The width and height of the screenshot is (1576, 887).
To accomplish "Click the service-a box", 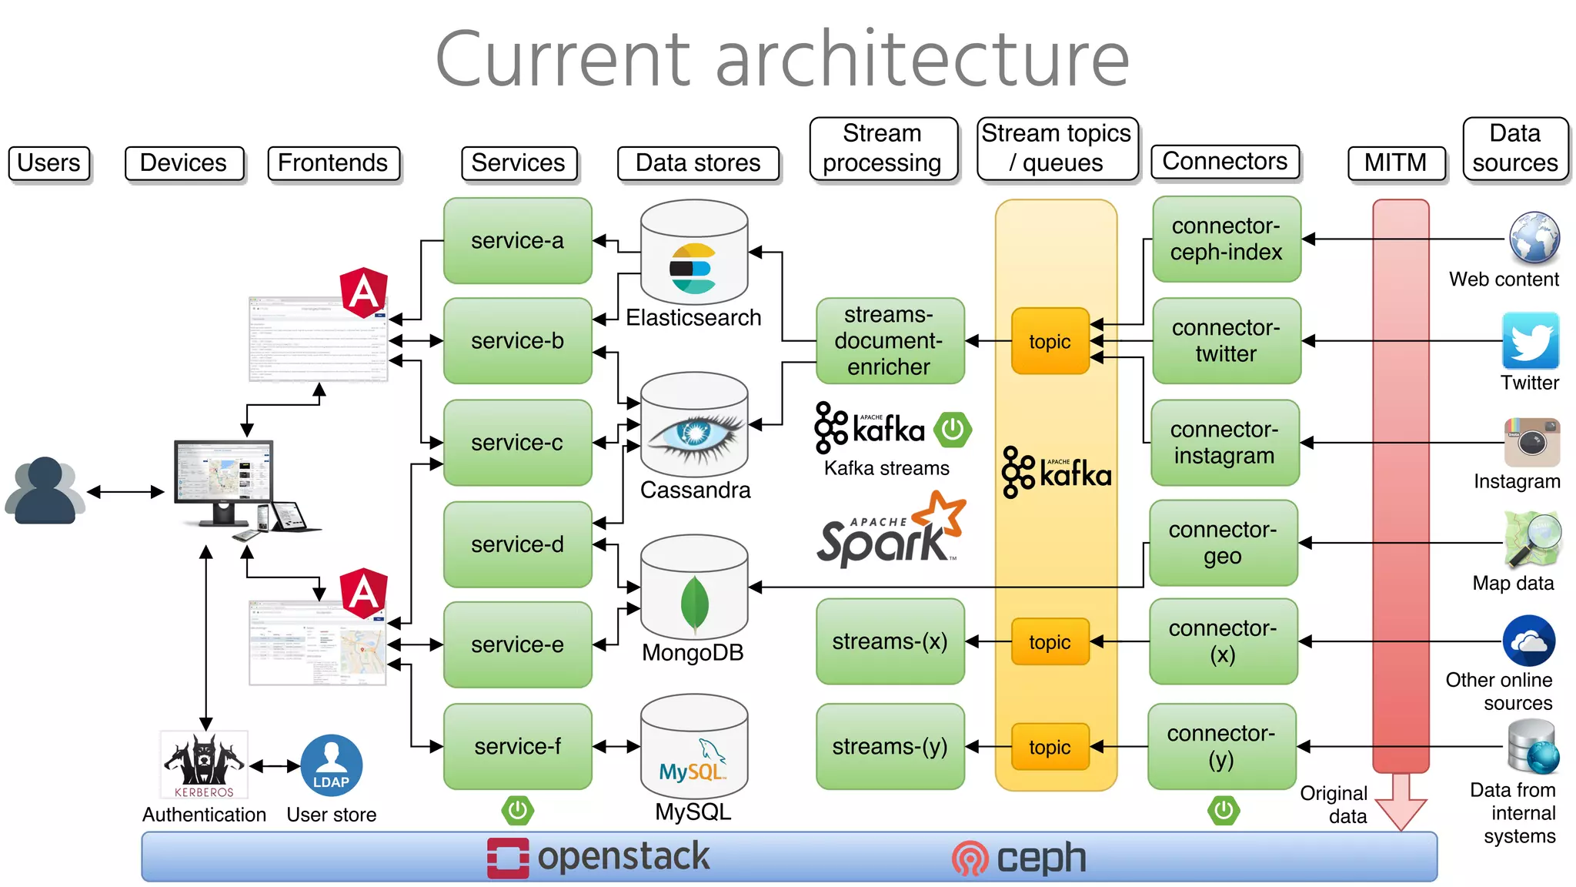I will pyautogui.click(x=517, y=240).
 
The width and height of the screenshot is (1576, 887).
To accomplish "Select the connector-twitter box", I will pyautogui.click(x=1226, y=340).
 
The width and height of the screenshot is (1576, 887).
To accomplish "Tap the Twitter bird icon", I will pyautogui.click(x=1530, y=340).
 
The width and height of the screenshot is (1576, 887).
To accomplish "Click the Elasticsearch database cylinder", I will pyautogui.click(x=694, y=254).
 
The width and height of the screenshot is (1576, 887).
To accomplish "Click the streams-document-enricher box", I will pyautogui.click(x=889, y=340).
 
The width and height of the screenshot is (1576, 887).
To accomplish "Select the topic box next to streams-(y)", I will pyautogui.click(x=1050, y=747).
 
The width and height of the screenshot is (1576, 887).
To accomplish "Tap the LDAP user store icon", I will pyautogui.click(x=331, y=765).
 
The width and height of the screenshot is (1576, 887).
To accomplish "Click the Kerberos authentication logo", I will pyautogui.click(x=204, y=765).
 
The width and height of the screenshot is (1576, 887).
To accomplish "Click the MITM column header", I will pyautogui.click(x=1395, y=162).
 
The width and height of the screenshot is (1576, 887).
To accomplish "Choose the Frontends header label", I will pyautogui.click(x=333, y=163).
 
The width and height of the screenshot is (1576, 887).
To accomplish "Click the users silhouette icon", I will pyautogui.click(x=45, y=491).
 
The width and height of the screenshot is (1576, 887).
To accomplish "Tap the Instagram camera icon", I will pyautogui.click(x=1531, y=442).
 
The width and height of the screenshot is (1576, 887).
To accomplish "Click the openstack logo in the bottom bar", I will pyautogui.click(x=599, y=857).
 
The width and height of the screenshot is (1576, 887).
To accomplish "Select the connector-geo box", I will pyautogui.click(x=1222, y=543).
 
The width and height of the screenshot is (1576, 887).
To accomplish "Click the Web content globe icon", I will pyautogui.click(x=1534, y=238).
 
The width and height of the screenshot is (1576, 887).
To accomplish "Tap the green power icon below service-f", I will pyautogui.click(x=518, y=810).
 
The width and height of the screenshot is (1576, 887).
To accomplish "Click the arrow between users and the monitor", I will pyautogui.click(x=125, y=491).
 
